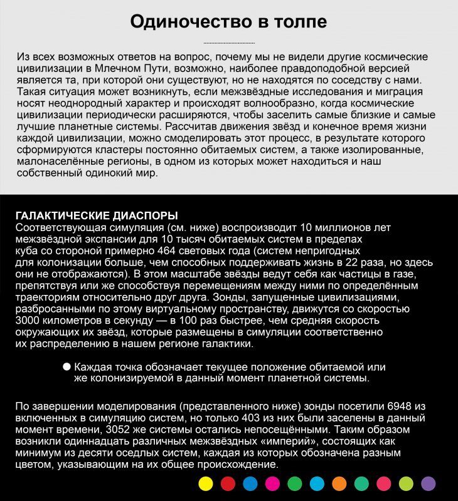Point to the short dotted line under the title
[229, 43]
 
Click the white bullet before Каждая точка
[67, 367]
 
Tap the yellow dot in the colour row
[205, 483]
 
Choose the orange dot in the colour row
[339, 483]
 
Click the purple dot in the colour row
[429, 483]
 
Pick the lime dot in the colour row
[406, 483]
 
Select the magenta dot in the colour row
[272, 483]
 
